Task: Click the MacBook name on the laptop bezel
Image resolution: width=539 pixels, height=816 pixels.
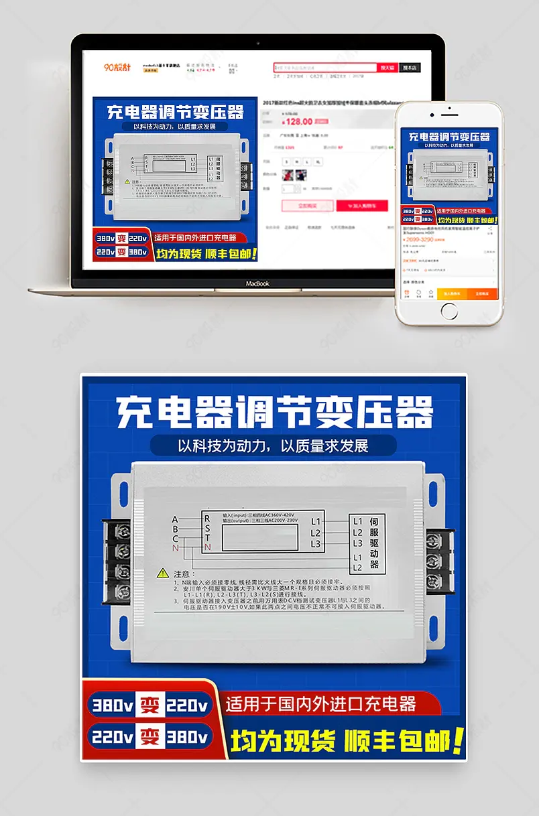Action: [x=257, y=283]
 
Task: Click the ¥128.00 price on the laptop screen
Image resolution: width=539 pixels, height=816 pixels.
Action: [x=298, y=122]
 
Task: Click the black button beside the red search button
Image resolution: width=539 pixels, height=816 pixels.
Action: [x=409, y=68]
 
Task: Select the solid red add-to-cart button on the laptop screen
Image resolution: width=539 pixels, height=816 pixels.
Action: [x=362, y=206]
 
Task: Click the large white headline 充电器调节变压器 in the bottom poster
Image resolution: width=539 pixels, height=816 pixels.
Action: [x=275, y=412]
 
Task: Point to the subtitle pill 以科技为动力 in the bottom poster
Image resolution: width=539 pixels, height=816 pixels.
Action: [x=274, y=446]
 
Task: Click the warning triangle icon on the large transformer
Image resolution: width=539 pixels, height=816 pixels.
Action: [x=163, y=573]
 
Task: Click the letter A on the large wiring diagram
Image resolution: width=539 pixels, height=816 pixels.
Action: [x=175, y=519]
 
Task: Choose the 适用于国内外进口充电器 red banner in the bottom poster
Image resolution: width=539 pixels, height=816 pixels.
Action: [x=322, y=704]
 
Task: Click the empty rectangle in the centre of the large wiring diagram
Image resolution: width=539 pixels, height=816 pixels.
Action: [x=258, y=537]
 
